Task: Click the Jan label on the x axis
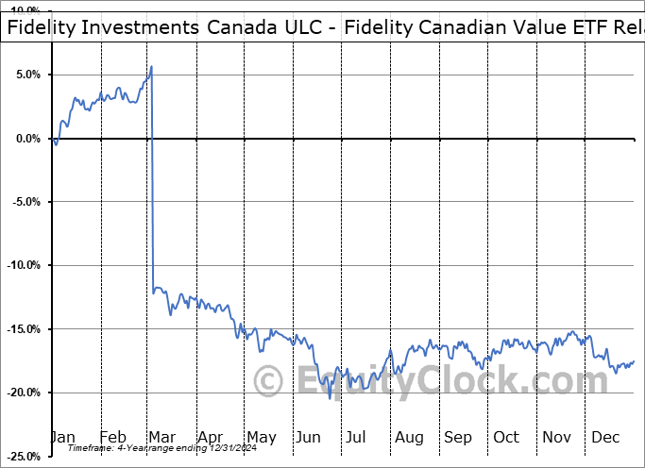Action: click(63, 437)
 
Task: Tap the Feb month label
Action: click(112, 437)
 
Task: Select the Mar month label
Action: click(161, 437)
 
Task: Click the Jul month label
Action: click(356, 437)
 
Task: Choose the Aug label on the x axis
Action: click(409, 437)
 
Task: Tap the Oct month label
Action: click(506, 437)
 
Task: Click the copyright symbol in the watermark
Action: click(270, 383)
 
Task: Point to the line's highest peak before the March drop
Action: click(152, 66)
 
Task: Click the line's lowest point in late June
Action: click(330, 397)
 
